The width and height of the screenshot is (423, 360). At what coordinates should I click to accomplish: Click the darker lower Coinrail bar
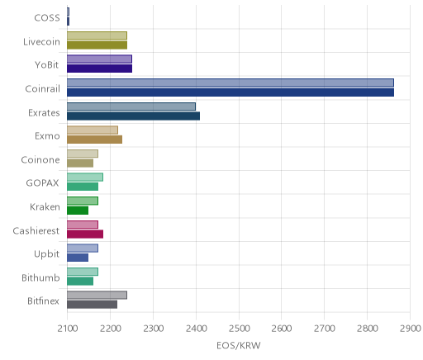[231, 92]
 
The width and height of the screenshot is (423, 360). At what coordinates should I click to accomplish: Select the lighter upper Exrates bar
[131, 107]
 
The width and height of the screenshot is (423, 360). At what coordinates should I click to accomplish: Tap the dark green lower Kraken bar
[78, 211]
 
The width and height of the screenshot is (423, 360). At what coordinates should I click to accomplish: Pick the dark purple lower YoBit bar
[100, 69]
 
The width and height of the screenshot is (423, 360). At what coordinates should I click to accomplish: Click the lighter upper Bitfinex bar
[97, 296]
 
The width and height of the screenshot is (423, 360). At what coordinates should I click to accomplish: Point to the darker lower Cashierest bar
[85, 234]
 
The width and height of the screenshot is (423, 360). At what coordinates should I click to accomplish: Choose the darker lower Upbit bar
[78, 258]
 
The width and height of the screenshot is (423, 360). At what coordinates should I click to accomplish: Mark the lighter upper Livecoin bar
[97, 36]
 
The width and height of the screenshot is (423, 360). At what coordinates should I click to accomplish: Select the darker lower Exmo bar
[95, 140]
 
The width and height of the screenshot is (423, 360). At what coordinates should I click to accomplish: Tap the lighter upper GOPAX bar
[85, 178]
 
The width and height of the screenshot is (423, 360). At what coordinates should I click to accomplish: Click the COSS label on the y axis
[47, 18]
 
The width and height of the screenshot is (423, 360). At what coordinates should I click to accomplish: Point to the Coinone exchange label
[40, 160]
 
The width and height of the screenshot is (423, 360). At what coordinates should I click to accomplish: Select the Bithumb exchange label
[40, 277]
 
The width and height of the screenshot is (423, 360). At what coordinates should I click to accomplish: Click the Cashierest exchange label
[36, 230]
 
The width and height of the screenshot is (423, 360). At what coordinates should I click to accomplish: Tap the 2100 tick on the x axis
[68, 329]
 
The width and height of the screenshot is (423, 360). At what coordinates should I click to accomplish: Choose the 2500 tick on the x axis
[239, 329]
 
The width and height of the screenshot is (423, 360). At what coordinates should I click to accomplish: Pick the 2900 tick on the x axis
[411, 329]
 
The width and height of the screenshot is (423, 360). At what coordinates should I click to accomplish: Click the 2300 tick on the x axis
[154, 329]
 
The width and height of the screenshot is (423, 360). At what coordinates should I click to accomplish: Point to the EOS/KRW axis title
[239, 345]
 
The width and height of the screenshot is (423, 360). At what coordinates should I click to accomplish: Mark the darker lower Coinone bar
[80, 163]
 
